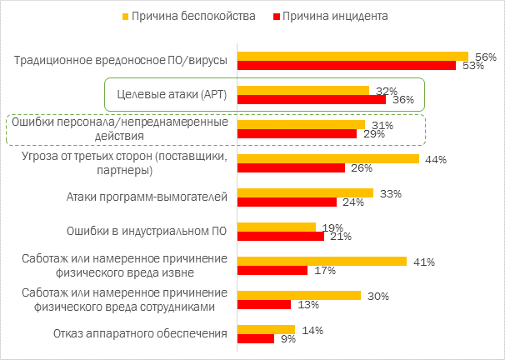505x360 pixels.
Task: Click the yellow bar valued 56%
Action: pos(353,57)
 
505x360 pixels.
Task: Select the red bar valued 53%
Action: pos(347,66)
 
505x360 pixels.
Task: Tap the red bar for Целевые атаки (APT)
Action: pos(312,99)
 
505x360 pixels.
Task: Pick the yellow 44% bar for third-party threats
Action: pos(328,158)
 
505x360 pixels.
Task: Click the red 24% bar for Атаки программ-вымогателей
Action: pos(287,202)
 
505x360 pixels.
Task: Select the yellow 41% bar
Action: pos(322,261)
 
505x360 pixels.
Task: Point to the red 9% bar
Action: pos(256,338)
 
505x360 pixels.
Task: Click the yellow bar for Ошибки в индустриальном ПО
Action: pos(277,227)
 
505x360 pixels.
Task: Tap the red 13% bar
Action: pos(264,304)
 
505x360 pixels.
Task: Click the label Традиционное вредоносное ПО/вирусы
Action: pos(122,61)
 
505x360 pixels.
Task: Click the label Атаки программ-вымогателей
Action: pos(147,197)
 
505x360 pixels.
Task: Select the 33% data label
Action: pos(391,193)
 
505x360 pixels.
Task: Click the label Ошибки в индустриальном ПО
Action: pos(147,232)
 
